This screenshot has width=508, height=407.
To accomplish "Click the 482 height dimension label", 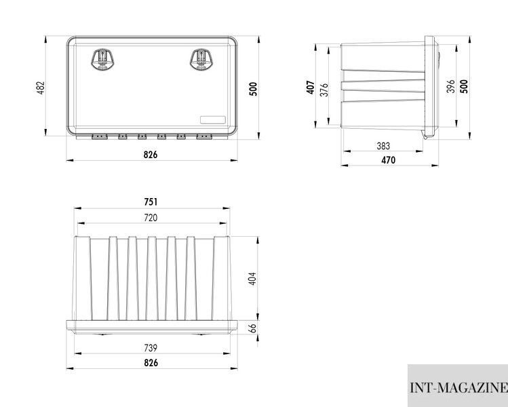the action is click(41, 88).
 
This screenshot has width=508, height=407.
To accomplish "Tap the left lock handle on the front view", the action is click(103, 60).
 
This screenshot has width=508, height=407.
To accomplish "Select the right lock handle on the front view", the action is click(201, 60).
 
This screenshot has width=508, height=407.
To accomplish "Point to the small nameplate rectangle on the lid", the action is click(212, 120).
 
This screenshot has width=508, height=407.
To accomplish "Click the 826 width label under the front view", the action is click(151, 155).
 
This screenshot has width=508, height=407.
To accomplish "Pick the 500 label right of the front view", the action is click(254, 89).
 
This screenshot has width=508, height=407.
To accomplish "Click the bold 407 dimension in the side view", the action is click(311, 88).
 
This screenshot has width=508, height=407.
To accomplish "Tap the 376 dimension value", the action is click(324, 90).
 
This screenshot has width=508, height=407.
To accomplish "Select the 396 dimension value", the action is click(450, 86).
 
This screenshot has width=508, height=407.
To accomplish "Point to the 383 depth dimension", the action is click(383, 146).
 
